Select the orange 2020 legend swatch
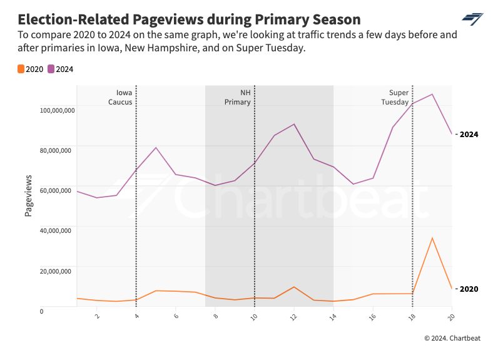coord(21,69)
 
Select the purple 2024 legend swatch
coord(51,69)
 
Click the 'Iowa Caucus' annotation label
coord(120,97)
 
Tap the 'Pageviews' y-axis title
coord(28,196)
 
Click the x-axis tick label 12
coord(293,317)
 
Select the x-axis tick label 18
coord(412,317)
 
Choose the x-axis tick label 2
coord(97,317)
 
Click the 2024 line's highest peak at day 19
coord(432,94)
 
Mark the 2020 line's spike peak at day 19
coord(432,237)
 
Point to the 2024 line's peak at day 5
coord(156,148)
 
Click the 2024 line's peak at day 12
coord(294,124)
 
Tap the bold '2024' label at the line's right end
coord(469,134)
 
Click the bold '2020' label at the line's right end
coord(469,289)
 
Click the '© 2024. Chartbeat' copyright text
coord(452,338)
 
